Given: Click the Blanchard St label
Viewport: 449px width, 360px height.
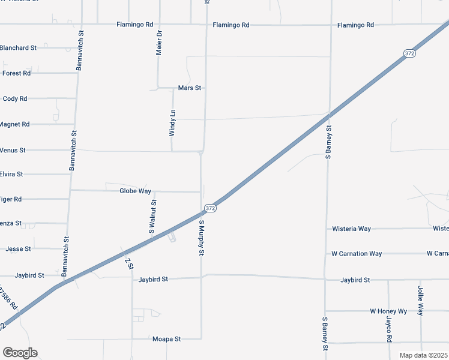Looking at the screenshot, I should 19,47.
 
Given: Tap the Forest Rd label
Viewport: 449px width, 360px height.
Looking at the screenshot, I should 16,73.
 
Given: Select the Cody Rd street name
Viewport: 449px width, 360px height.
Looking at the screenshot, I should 15,98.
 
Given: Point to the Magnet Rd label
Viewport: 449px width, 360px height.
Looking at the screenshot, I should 14,124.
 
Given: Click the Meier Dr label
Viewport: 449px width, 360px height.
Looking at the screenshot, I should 159,43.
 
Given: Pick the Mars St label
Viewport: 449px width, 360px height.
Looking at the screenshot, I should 190,88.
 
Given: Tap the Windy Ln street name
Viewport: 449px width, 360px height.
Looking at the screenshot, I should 172,122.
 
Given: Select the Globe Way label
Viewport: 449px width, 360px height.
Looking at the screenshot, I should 135,191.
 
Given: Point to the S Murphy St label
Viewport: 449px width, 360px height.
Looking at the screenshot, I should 202,238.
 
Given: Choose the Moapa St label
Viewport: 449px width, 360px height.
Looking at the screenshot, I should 166,339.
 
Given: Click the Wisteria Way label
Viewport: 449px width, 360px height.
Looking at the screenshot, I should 351,229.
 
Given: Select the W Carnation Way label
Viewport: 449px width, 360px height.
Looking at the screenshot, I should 357,254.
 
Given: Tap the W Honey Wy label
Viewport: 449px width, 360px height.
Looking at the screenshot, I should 388,311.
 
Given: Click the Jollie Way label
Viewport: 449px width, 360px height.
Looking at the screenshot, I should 421,301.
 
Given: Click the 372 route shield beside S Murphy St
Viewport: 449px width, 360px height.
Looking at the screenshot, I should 209,208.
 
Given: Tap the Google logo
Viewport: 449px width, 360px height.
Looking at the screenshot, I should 20,353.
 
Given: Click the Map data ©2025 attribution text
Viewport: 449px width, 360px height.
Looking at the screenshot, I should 423,355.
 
